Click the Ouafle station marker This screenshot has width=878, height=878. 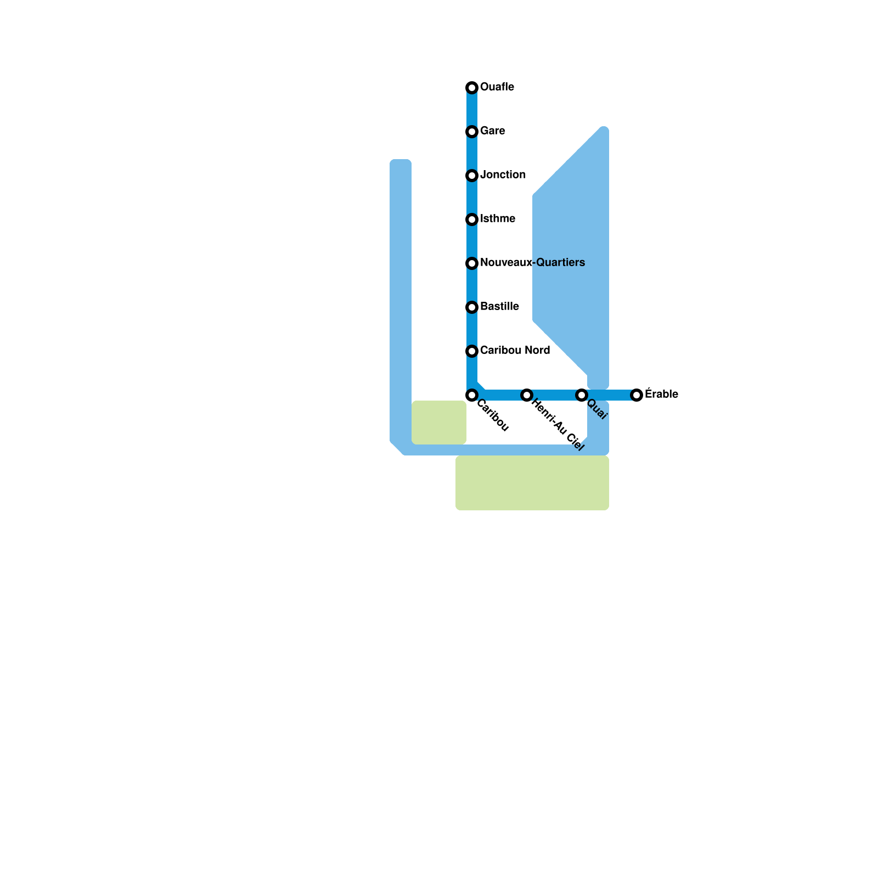pyautogui.click(x=472, y=88)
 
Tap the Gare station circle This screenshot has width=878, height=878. pyautogui.click(x=472, y=132)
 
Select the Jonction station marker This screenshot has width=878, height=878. pyautogui.click(x=472, y=176)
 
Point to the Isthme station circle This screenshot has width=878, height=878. pyautogui.click(x=472, y=219)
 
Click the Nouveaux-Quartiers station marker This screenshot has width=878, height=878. pyautogui.click(x=472, y=263)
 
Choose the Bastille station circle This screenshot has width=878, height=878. pyautogui.click(x=472, y=307)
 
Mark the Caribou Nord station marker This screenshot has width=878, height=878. pyautogui.click(x=472, y=351)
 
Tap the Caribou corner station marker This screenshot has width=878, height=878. pyautogui.click(x=472, y=395)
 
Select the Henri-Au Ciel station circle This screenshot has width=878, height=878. pyautogui.click(x=527, y=395)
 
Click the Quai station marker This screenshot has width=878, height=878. pyautogui.click(x=582, y=395)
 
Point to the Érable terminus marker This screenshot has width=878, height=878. pyautogui.click(x=637, y=395)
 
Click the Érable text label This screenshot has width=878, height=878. pyautogui.click(x=661, y=394)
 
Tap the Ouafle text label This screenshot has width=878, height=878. pyautogui.click(x=497, y=87)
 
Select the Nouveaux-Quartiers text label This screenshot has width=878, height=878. pyautogui.click(x=532, y=262)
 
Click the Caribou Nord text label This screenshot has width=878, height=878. pyautogui.click(x=515, y=350)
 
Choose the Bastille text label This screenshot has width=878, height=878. pyautogui.click(x=499, y=306)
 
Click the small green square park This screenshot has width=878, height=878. pyautogui.click(x=439, y=423)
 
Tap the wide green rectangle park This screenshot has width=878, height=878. pyautogui.click(x=532, y=483)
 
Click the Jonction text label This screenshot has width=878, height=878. pyautogui.click(x=503, y=175)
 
